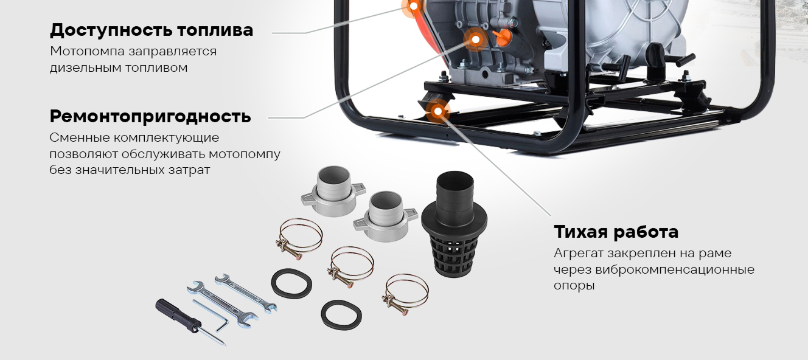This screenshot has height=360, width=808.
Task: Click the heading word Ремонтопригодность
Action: coord(150,117)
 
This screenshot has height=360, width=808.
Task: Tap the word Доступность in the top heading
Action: coord(110,30)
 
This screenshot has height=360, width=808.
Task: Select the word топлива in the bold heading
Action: coord(215,30)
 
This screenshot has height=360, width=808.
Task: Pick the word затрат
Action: coord(189,170)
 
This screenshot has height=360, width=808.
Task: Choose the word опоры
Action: coord(574,286)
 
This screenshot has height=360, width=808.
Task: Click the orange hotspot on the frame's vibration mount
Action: coord(438,111)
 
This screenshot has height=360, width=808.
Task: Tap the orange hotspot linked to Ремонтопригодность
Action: coord(476,40)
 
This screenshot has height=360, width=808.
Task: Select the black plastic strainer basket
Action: coord(454,223)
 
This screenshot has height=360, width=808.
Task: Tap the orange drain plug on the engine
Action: coord(502,38)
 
